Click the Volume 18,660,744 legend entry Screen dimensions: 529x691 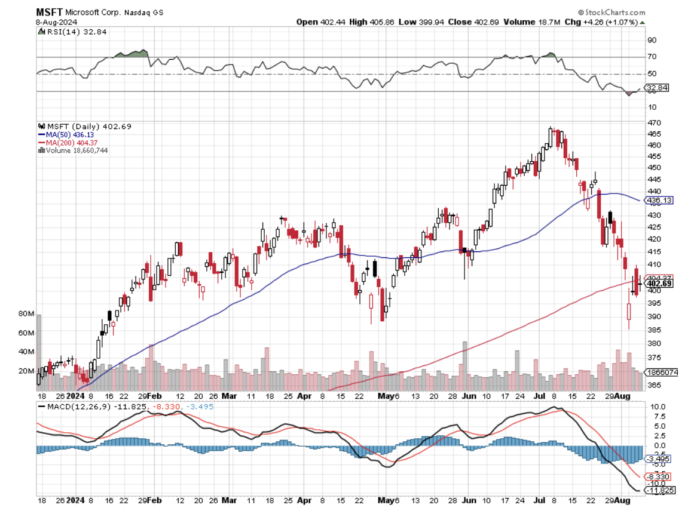pos(76,150)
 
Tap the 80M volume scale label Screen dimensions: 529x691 pos(27,313)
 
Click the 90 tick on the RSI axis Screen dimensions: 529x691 pos(652,40)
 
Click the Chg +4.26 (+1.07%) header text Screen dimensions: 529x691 pos(610,21)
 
